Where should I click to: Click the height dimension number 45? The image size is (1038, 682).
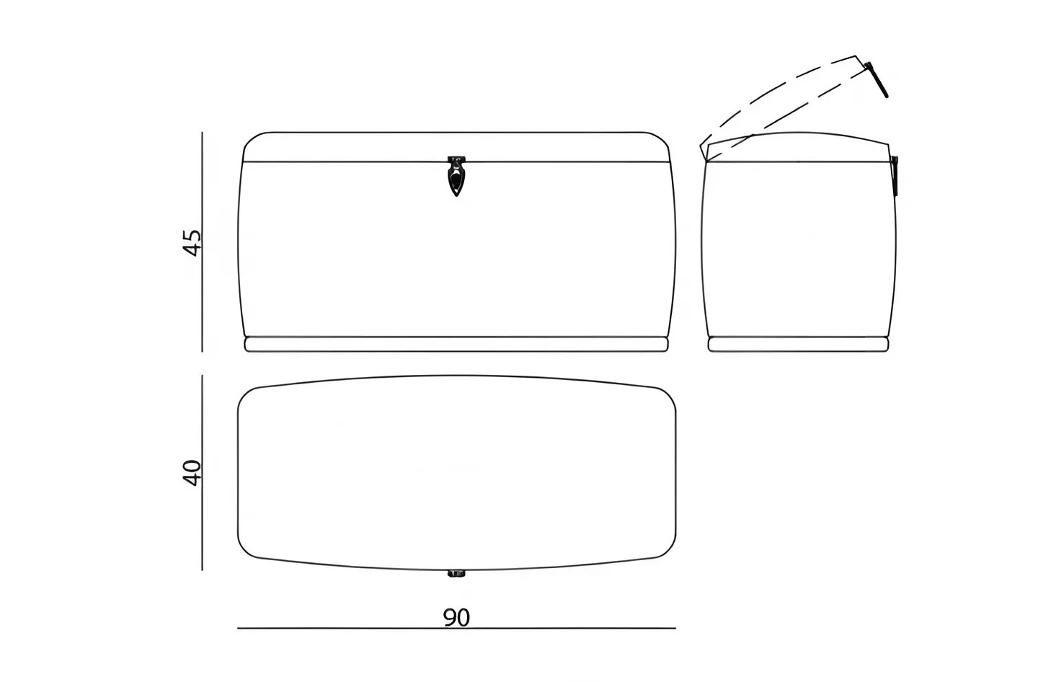(x=191, y=242)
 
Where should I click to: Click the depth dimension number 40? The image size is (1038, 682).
(x=191, y=473)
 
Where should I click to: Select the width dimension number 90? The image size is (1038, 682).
(x=456, y=617)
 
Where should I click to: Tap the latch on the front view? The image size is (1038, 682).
(x=456, y=176)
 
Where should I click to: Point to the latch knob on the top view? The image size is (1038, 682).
(x=456, y=574)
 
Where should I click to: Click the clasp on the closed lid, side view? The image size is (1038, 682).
(x=895, y=176)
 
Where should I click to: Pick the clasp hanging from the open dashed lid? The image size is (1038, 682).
(x=876, y=80)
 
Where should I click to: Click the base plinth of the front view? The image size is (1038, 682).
(x=456, y=344)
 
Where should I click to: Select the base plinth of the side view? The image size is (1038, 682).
(x=799, y=344)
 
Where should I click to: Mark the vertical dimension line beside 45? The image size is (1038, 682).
(x=202, y=242)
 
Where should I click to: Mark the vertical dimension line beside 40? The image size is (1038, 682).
(x=202, y=473)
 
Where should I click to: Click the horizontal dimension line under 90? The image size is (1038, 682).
(x=456, y=628)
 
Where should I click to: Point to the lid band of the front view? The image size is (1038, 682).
(x=456, y=147)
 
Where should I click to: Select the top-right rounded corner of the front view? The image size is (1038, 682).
(x=662, y=139)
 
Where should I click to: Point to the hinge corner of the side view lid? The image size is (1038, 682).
(x=705, y=160)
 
